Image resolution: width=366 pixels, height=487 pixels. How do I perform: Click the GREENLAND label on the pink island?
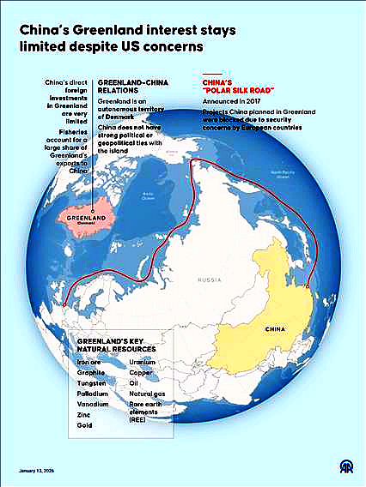(87, 218)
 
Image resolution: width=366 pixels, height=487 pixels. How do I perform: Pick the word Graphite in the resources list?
(90, 372)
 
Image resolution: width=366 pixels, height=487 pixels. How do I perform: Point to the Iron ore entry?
(88, 362)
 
